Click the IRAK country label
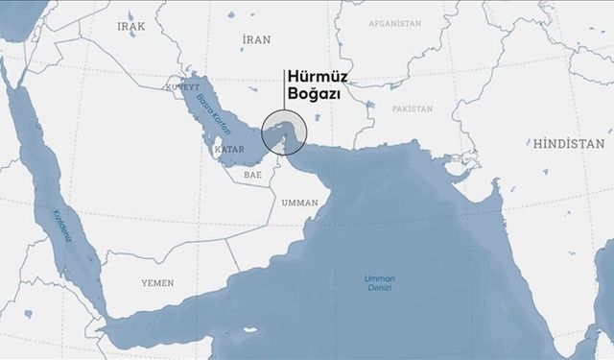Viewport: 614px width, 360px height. (x=131, y=27)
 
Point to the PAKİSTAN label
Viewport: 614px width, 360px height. (x=413, y=109)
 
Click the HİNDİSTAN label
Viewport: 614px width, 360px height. (x=569, y=144)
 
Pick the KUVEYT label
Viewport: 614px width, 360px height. (x=181, y=86)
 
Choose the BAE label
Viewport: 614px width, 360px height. (x=252, y=176)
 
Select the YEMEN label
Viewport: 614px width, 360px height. (x=157, y=284)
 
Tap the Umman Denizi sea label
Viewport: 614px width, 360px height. (x=380, y=282)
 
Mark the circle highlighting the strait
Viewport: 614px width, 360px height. (x=284, y=132)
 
